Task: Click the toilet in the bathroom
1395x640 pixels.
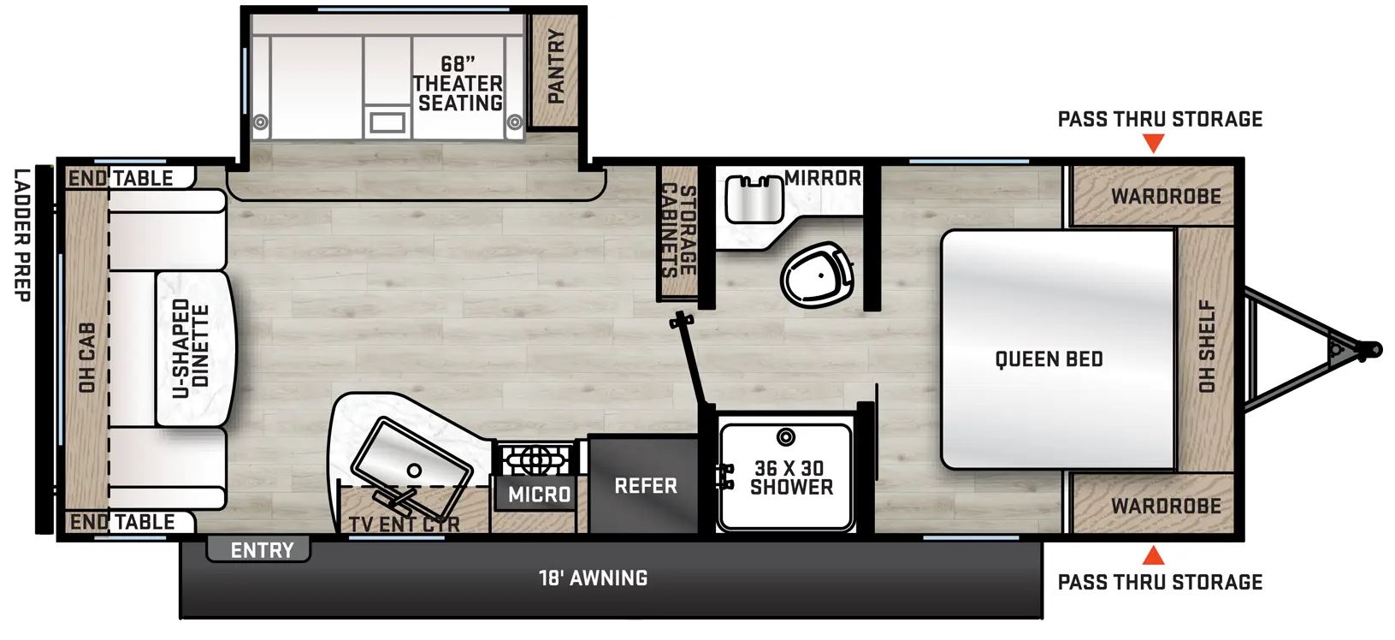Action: (817, 274)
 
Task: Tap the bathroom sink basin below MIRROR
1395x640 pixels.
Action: (754, 199)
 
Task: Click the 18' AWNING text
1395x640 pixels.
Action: (593, 578)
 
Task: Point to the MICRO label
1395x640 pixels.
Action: (540, 495)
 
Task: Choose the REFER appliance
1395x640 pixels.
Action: (644, 485)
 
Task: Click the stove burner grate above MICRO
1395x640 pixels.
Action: (536, 460)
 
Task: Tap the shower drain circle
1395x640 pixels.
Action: (786, 437)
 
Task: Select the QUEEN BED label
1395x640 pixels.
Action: (1049, 359)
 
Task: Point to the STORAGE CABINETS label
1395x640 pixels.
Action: (678, 230)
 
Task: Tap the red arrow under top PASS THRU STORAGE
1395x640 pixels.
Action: (1153, 144)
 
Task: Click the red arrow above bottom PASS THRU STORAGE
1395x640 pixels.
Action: (1153, 555)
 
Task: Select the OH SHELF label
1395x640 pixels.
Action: (1207, 347)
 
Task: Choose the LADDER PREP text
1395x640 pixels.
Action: (22, 235)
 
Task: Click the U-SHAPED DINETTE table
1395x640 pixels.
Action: (195, 349)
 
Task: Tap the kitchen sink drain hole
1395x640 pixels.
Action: (414, 470)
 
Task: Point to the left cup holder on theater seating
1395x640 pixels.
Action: (260, 121)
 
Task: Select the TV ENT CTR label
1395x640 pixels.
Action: (405, 524)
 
